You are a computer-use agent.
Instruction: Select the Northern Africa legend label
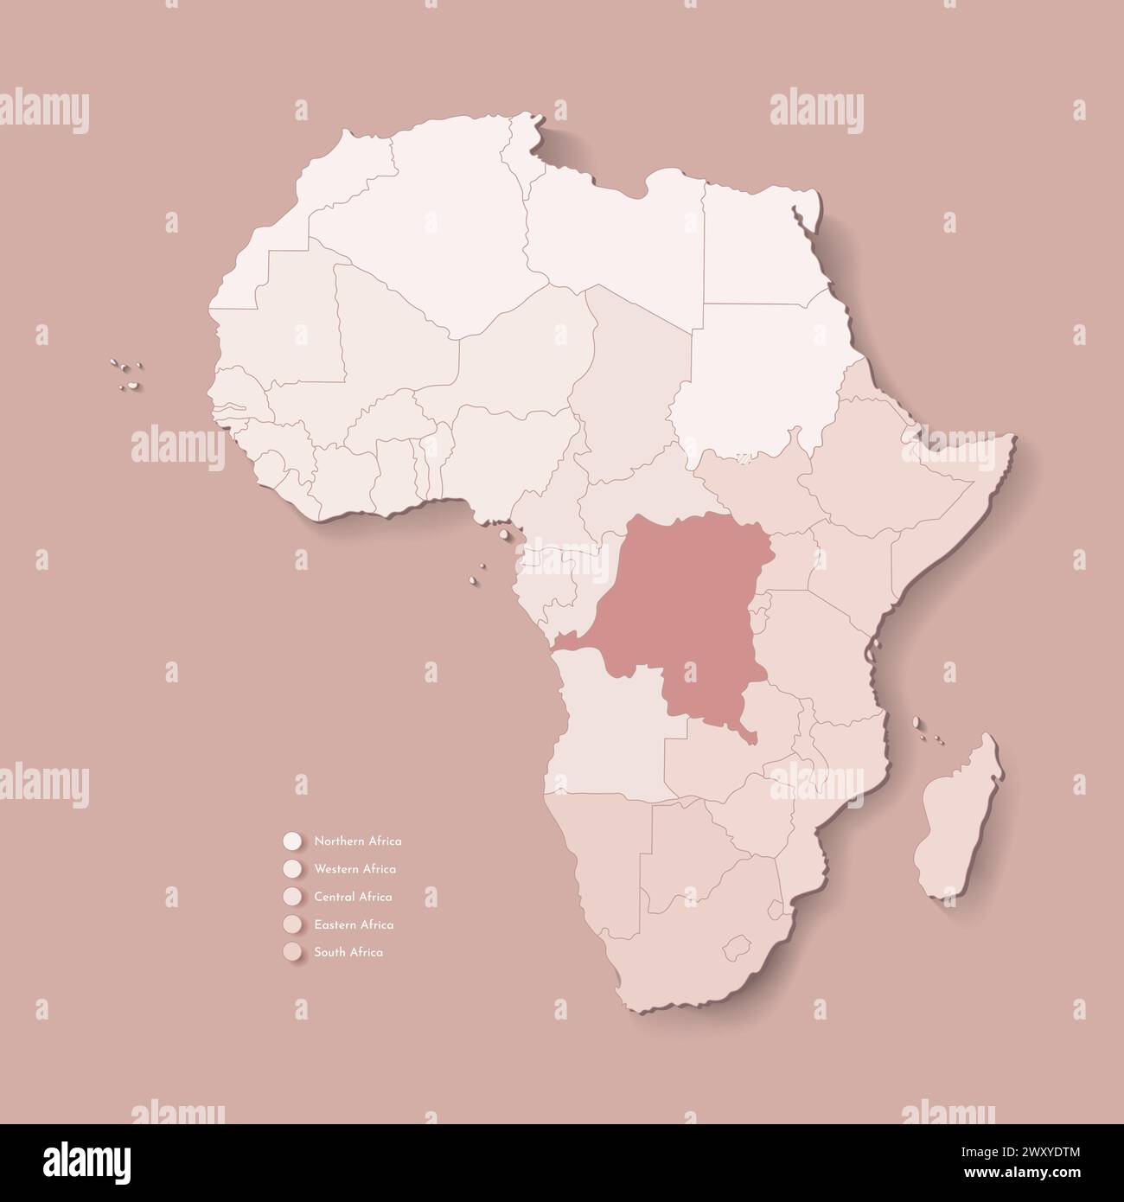click(358, 841)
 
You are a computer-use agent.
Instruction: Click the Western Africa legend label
click(355, 868)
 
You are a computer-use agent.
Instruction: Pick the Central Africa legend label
click(354, 897)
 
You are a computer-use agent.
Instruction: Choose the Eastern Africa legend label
click(354, 924)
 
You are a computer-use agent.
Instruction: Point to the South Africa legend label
click(348, 952)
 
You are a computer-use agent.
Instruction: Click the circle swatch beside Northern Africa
click(291, 841)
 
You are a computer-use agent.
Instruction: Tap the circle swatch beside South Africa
click(291, 952)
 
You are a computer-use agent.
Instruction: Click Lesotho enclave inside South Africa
click(737, 945)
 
